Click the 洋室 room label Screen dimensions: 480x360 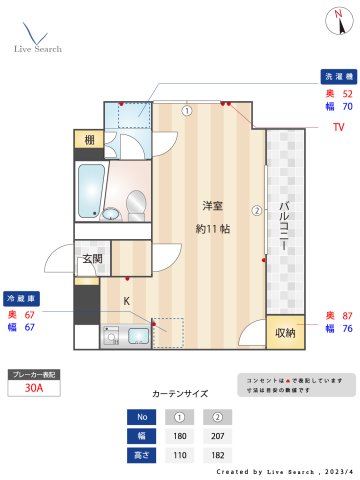tap(212, 206)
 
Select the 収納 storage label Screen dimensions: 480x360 tap(285, 333)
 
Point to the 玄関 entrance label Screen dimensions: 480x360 tap(92, 259)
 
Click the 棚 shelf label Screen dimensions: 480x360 tap(89, 140)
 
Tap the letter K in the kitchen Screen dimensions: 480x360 tap(127, 300)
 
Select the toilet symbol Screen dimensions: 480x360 tap(136, 207)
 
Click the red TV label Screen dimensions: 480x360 tap(339, 127)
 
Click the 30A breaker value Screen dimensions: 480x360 tap(33, 389)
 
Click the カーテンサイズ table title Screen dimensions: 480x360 tap(180, 394)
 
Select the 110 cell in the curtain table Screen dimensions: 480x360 tap(180, 455)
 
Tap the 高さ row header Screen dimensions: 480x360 tap(142, 455)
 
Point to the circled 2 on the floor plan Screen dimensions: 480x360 tap(257, 211)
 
